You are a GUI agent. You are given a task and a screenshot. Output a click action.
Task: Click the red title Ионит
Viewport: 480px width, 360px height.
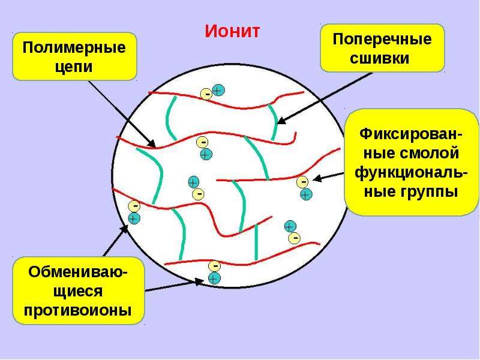pyautogui.click(x=232, y=31)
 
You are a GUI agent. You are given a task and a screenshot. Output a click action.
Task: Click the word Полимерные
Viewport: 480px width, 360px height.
pyautogui.click(x=74, y=48)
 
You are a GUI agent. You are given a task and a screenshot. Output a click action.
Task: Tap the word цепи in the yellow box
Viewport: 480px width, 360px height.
pyautogui.click(x=74, y=67)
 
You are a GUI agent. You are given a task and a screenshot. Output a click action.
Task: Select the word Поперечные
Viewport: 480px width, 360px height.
pyautogui.click(x=382, y=40)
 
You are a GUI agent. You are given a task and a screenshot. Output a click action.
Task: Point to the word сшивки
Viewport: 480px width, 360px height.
pyautogui.click(x=380, y=58)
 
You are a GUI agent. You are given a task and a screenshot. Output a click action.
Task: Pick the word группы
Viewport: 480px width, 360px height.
pyautogui.click(x=430, y=192)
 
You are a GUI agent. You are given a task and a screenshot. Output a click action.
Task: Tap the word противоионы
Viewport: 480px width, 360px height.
pyautogui.click(x=78, y=310)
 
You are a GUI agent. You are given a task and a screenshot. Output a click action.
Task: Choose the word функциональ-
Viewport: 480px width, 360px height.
pyautogui.click(x=411, y=173)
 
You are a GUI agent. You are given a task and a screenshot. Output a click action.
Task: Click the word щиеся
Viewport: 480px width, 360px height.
pyautogui.click(x=78, y=291)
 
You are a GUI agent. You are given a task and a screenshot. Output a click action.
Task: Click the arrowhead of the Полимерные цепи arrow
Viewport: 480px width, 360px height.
pyautogui.click(x=152, y=143)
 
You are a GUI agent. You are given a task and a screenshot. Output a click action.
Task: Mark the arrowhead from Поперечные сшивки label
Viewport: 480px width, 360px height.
pyautogui.click(x=281, y=121)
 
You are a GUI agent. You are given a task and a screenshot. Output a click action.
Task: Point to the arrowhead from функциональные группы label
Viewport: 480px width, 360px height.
pyautogui.click(x=317, y=178)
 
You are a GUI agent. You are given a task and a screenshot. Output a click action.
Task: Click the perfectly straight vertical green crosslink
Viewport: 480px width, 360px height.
pyautogui.click(x=256, y=242)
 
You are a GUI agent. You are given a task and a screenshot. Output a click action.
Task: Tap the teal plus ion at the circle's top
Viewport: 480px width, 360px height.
pyautogui.click(x=218, y=91)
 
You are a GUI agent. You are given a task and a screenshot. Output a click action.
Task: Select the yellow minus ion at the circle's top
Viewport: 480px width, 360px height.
pyautogui.click(x=206, y=94)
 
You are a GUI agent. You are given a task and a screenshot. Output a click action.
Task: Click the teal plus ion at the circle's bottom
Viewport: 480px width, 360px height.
pyautogui.click(x=214, y=278)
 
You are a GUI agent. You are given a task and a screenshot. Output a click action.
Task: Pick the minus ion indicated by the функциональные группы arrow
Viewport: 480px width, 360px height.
pyautogui.click(x=302, y=182)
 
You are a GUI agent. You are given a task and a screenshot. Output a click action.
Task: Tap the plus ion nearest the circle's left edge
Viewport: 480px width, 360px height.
pyautogui.click(x=134, y=218)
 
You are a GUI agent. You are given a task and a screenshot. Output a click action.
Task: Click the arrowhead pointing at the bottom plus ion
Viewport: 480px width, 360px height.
pyautogui.click(x=200, y=281)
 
